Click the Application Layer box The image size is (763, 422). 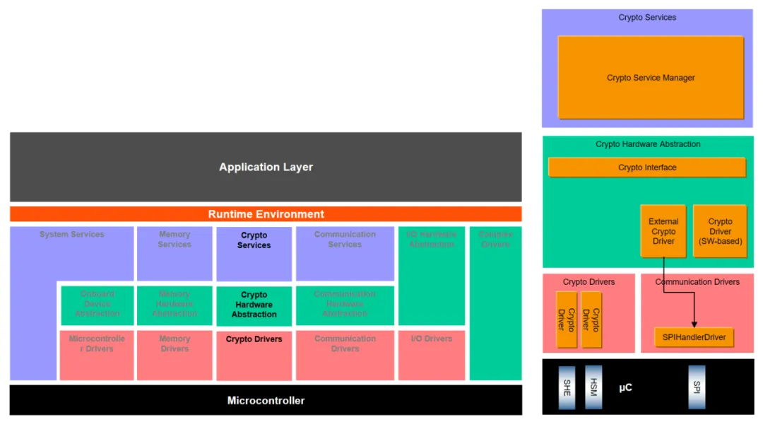266,168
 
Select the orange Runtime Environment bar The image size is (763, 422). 266,214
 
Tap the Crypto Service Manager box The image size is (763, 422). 651,78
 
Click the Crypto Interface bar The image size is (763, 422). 647,168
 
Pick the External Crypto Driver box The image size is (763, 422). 663,231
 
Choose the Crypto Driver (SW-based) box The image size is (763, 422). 720,231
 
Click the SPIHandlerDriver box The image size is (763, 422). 694,337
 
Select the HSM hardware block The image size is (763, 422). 593,387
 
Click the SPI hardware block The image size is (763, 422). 697,387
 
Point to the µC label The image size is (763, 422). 625,387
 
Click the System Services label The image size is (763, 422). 72,235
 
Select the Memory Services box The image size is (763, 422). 175,253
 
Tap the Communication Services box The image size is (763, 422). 345,253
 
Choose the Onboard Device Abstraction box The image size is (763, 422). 97,305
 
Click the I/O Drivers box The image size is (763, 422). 432,354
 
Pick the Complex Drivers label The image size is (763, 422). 495,239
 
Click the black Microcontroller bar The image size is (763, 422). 266,400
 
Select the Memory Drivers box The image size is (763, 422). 175,354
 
